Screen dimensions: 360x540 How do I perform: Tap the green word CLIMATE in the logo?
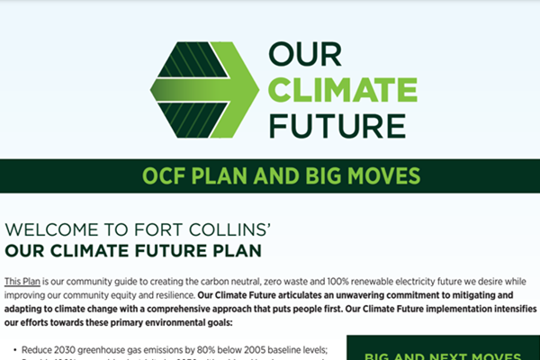343,91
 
